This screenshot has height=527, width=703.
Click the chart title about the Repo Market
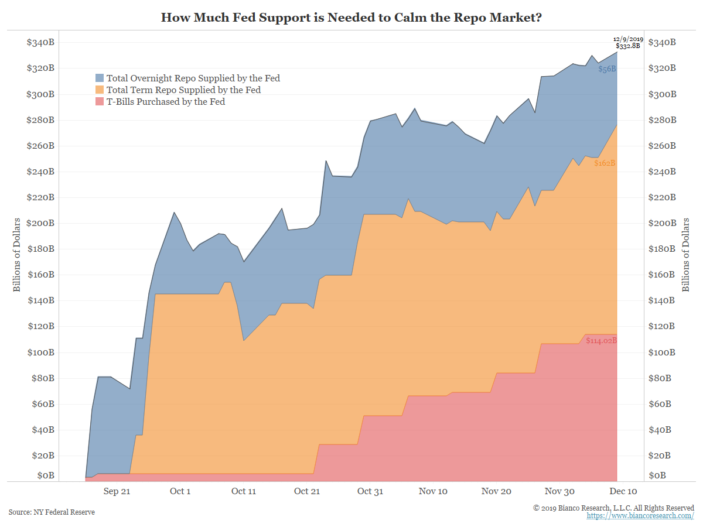(351, 18)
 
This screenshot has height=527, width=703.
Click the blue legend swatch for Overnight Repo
(100, 78)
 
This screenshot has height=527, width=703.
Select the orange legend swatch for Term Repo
(100, 90)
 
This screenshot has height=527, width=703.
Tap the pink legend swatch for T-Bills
(100, 101)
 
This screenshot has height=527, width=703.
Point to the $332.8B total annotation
(627, 46)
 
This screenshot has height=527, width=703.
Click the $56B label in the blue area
(607, 69)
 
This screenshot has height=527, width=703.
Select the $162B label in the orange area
(605, 163)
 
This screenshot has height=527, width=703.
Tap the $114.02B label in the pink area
(602, 340)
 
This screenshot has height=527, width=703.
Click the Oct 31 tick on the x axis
(370, 491)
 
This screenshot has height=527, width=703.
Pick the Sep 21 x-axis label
(117, 491)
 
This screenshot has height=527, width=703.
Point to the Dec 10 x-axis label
(623, 491)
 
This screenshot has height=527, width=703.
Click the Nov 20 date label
(496, 491)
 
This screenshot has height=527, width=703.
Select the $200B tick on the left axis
(40, 223)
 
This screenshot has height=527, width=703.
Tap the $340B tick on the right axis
(662, 43)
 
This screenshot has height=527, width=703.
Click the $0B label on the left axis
(45, 475)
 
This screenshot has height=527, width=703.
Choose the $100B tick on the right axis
(662, 353)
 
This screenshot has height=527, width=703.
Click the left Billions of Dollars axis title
(17, 255)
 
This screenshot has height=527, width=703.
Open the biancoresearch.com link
(640, 515)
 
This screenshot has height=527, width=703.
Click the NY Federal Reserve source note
(52, 512)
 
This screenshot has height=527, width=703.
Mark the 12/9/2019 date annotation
(628, 39)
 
